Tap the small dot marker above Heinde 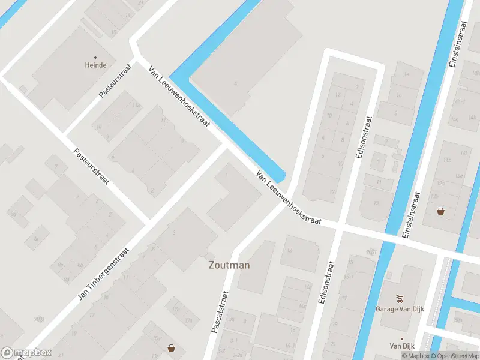click(95, 57)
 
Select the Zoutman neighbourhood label click(229, 265)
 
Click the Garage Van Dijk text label click(400, 308)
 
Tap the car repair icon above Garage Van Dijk click(400, 298)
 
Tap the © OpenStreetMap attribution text click(455, 356)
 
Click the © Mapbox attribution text click(416, 356)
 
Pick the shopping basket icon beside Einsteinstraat click(441, 211)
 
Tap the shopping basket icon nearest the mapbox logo click(172, 347)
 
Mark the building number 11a click(137, 106)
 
